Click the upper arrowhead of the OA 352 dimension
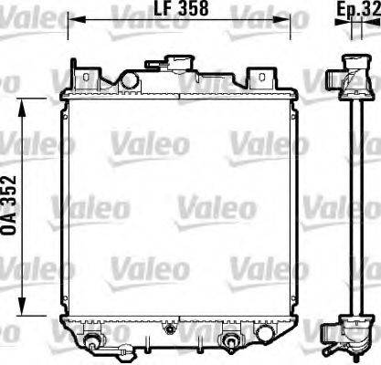[x=25, y=102]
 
